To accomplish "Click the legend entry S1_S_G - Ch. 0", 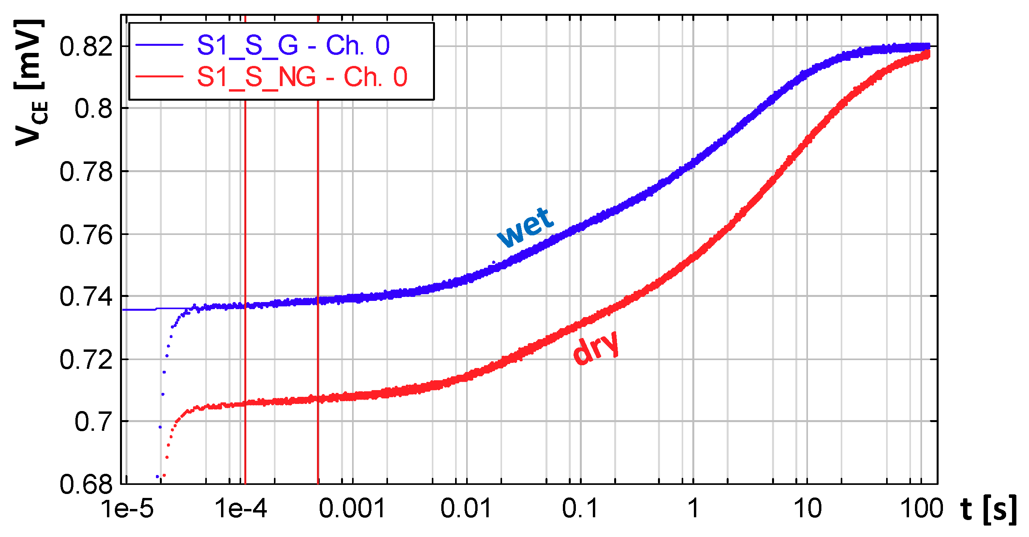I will pyautogui.click(x=293, y=45).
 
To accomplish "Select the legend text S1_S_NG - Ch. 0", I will pyautogui.click(x=302, y=77).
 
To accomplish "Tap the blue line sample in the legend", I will pyautogui.click(x=159, y=45).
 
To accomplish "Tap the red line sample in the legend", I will pyautogui.click(x=159, y=76).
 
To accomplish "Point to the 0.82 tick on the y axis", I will pyautogui.click(x=86, y=46).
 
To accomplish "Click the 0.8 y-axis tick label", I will pyautogui.click(x=94, y=109).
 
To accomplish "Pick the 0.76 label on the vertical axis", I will pyautogui.click(x=86, y=235).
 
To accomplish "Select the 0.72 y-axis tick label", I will pyautogui.click(x=86, y=360).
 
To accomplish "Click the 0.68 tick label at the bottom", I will pyautogui.click(x=86, y=484).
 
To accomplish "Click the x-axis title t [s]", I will pyautogui.click(x=988, y=509).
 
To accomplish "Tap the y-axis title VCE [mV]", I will pyautogui.click(x=30, y=82).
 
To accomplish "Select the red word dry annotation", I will pyautogui.click(x=596, y=347).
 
